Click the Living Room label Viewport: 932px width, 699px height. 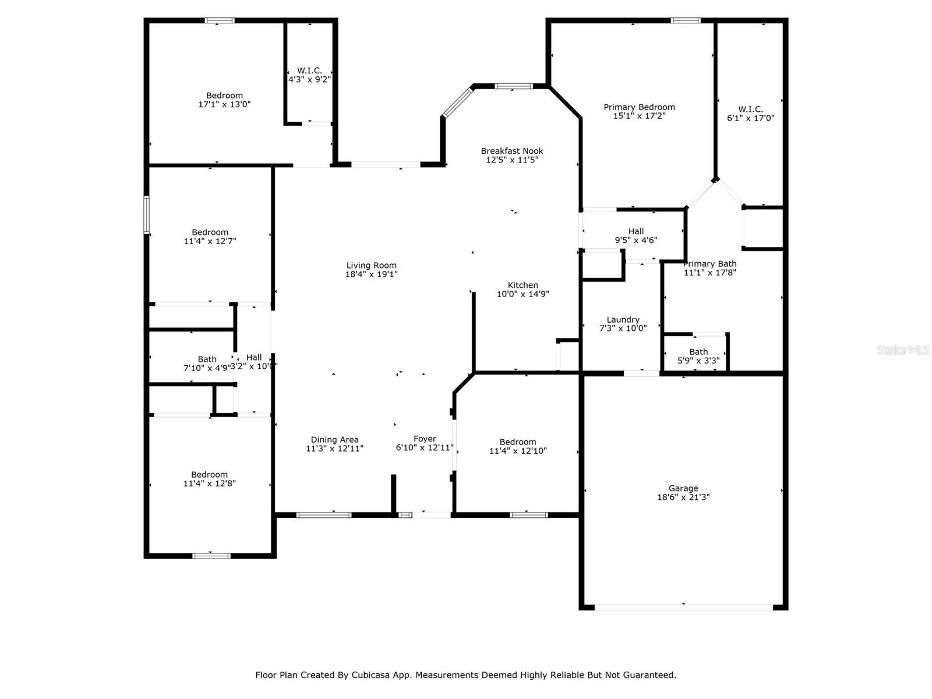(x=371, y=266)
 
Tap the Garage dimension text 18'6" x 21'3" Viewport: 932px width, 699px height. (x=683, y=497)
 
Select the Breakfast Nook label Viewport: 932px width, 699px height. (x=511, y=151)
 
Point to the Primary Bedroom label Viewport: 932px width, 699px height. (x=639, y=107)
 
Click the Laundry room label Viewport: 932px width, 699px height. (x=623, y=320)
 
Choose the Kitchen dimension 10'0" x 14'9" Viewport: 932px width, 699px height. (x=523, y=294)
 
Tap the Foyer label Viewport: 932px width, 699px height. (x=425, y=439)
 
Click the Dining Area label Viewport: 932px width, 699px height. (x=334, y=440)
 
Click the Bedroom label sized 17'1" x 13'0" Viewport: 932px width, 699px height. (x=224, y=96)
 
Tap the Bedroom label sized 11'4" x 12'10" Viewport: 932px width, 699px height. (x=517, y=442)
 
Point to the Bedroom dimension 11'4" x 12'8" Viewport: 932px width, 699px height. (x=209, y=483)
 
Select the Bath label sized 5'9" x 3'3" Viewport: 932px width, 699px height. (x=698, y=352)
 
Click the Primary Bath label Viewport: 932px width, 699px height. (x=709, y=264)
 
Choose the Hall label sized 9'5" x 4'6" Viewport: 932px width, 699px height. (x=636, y=231)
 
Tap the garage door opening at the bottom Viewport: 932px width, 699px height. (x=683, y=607)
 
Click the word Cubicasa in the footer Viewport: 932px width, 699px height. (x=372, y=675)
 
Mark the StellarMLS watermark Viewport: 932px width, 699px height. (x=902, y=350)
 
